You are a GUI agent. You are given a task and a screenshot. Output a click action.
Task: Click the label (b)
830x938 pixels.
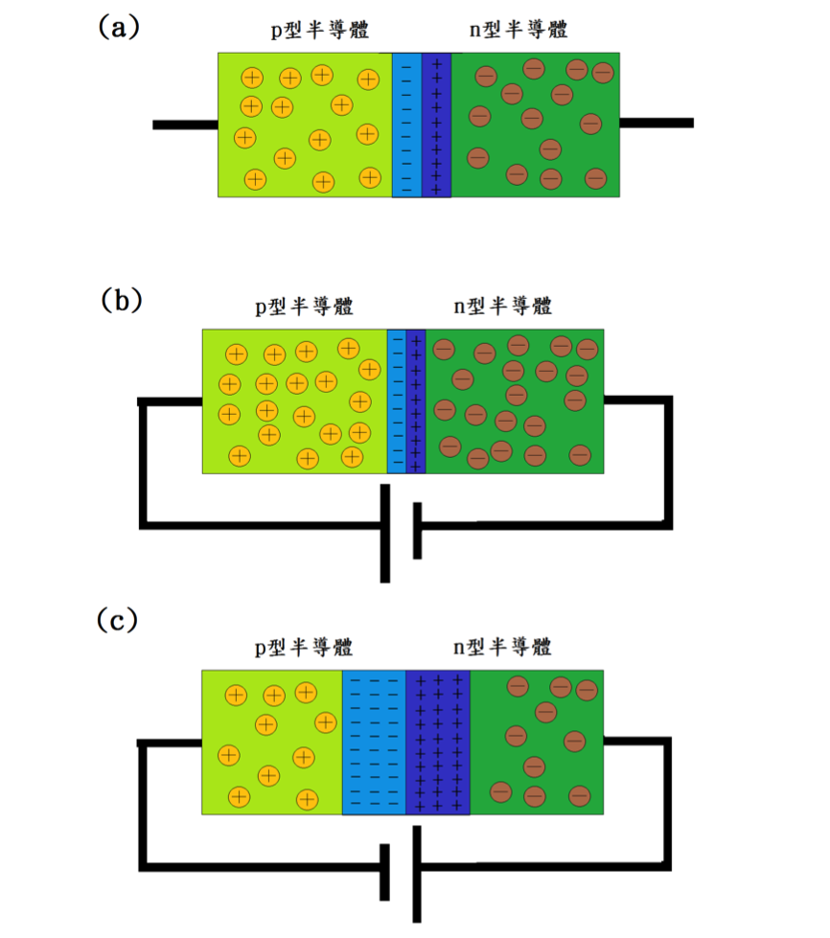122,300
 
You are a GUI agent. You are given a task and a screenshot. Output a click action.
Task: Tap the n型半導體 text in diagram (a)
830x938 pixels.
519,30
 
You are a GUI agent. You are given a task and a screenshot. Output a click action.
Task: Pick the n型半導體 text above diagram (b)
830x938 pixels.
502,306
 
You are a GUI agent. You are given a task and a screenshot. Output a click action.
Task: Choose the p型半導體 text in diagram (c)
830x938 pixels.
304,647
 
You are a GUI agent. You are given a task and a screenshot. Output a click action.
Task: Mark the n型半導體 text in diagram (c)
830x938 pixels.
502,647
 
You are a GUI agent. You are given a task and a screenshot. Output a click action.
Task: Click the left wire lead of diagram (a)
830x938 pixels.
185,125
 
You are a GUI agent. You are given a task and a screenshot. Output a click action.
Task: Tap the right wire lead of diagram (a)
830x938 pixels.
656,123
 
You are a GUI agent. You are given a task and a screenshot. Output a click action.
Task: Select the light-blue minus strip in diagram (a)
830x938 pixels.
406,125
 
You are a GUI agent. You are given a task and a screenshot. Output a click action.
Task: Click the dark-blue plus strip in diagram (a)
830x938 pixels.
436,125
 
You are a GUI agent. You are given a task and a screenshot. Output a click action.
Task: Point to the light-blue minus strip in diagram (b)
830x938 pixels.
396,400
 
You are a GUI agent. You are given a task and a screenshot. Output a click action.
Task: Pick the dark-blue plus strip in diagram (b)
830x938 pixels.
416,400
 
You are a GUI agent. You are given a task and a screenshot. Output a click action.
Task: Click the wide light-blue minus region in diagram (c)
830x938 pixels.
374,743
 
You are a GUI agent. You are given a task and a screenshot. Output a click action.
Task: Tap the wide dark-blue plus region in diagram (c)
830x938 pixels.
438,743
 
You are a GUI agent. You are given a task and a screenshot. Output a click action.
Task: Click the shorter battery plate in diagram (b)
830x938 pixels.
417,530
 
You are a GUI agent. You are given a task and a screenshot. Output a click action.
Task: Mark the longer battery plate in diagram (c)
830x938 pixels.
417,874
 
